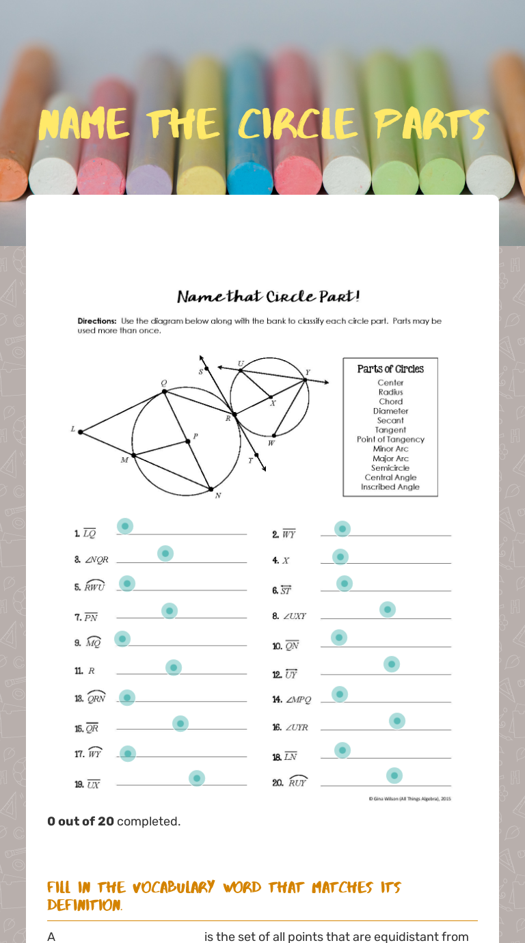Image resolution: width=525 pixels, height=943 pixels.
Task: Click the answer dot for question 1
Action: click(x=124, y=526)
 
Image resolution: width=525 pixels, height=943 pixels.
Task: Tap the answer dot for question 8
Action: click(x=388, y=610)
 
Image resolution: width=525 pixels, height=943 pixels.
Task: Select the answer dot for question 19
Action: click(x=197, y=778)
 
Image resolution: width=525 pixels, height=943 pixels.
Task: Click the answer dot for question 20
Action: click(x=394, y=776)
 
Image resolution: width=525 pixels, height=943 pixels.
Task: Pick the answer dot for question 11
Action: click(x=174, y=668)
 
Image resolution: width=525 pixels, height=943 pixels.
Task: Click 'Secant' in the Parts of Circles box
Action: click(x=390, y=420)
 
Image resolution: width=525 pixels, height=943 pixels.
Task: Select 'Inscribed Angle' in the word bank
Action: click(x=390, y=487)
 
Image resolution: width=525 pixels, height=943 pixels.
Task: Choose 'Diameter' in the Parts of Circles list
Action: click(x=390, y=411)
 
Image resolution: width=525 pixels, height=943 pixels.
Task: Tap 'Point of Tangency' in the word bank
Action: click(x=390, y=439)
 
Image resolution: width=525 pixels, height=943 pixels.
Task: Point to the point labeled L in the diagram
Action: click(x=81, y=432)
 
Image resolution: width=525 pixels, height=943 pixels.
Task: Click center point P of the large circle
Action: click(x=187, y=441)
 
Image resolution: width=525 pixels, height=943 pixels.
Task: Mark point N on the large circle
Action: click(x=211, y=489)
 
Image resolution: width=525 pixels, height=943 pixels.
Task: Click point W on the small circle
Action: click(x=273, y=435)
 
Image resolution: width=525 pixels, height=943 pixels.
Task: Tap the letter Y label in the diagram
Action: click(x=308, y=372)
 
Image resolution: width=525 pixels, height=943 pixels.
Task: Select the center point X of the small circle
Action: click(x=271, y=396)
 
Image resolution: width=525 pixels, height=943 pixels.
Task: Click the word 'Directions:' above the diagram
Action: click(x=96, y=320)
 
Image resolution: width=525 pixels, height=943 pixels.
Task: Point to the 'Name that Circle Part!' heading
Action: click(x=268, y=297)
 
